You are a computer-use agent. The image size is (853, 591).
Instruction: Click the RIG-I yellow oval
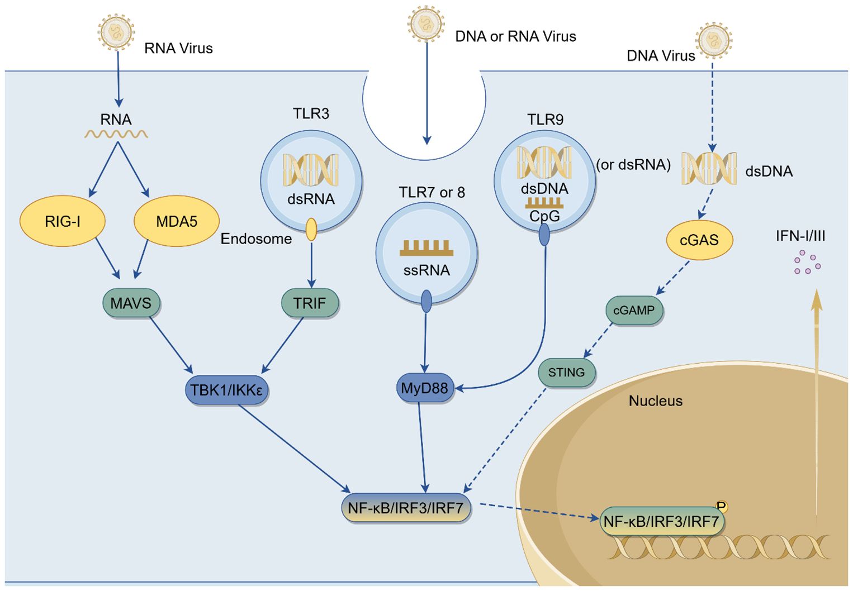(63, 221)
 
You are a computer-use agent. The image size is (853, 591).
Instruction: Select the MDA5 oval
(176, 221)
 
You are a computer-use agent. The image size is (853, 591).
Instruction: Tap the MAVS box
(131, 303)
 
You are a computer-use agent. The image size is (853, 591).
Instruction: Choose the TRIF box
(310, 303)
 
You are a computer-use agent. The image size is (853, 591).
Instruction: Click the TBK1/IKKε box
(226, 389)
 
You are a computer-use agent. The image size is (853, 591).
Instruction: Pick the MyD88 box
(424, 388)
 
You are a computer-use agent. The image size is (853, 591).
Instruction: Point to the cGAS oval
(699, 240)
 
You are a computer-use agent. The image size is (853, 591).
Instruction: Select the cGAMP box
(634, 311)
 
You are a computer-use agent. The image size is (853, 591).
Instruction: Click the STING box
(566, 373)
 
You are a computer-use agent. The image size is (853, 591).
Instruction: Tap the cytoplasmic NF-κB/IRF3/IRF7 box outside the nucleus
(406, 508)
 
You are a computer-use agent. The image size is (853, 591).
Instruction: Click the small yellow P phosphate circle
(722, 507)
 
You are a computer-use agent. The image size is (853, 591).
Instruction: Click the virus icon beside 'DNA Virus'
(713, 40)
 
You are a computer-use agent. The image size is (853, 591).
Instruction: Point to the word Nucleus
(655, 401)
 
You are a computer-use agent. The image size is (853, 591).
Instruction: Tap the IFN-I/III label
(800, 236)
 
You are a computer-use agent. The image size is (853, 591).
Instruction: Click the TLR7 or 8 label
(432, 193)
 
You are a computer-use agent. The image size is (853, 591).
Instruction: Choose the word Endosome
(256, 239)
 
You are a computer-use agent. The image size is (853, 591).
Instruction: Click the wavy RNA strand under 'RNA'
(116, 134)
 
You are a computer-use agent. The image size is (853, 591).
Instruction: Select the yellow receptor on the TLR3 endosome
(311, 229)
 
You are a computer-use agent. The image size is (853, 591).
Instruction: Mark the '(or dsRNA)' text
(633, 165)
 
